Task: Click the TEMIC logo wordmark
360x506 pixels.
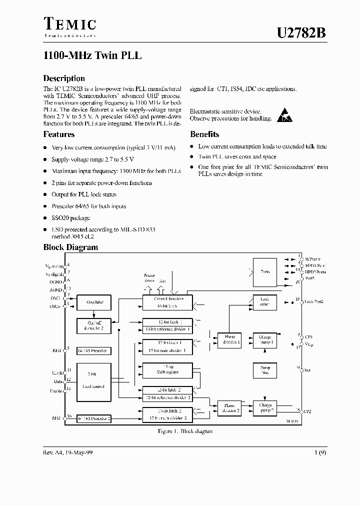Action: (x=69, y=24)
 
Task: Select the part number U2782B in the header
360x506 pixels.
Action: (x=302, y=32)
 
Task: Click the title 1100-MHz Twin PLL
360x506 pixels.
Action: (x=92, y=56)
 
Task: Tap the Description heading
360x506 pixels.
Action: (x=64, y=78)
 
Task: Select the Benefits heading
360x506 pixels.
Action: (x=204, y=134)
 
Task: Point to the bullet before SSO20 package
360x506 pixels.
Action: (x=45, y=218)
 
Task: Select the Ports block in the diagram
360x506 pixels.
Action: (x=265, y=272)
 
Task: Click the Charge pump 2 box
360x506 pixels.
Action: (x=265, y=407)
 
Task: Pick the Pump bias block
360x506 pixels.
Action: (x=265, y=370)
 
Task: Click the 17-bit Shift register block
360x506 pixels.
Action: (x=167, y=370)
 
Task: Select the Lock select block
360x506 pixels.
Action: (x=265, y=301)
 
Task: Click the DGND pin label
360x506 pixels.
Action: (x=55, y=281)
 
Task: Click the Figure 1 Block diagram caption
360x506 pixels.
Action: (x=178, y=431)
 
